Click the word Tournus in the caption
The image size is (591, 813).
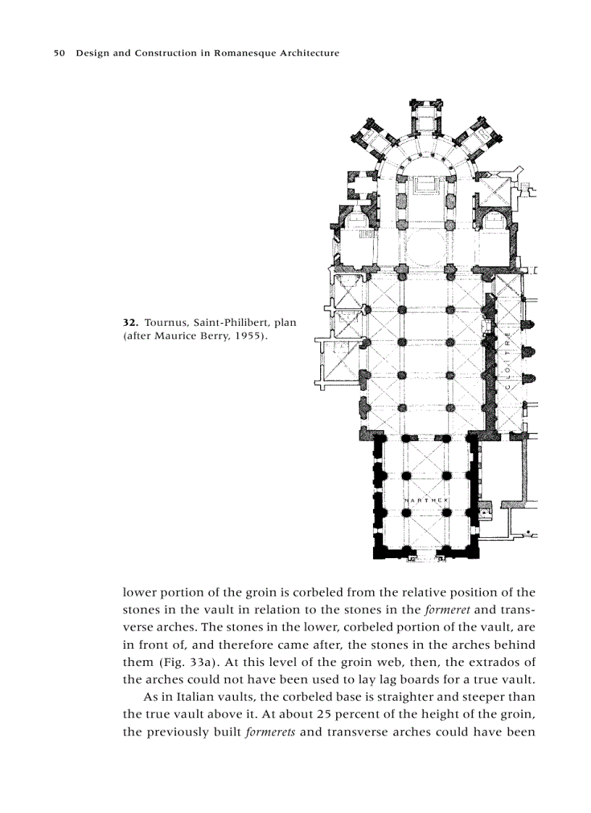click(x=166, y=321)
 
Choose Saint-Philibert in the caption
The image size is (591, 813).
click(x=231, y=321)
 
